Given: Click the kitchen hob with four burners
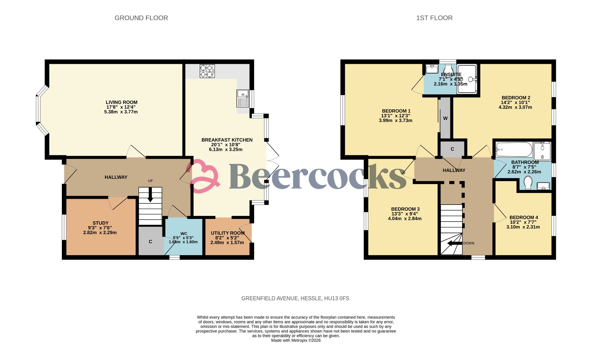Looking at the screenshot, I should (207, 71).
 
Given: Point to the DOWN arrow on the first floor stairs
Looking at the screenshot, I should (454, 243).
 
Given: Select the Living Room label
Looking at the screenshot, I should (121, 102).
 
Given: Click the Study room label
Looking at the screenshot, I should (101, 223).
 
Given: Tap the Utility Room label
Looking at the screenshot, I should (227, 233).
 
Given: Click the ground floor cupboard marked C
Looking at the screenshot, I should (150, 242).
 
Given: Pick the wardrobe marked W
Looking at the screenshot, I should (445, 118).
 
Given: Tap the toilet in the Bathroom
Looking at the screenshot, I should (528, 183).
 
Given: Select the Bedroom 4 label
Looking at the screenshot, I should (523, 217).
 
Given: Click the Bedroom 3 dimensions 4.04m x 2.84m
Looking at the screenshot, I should (404, 218).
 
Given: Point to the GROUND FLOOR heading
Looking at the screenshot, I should (141, 18).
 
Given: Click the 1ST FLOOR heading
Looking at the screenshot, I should (434, 18).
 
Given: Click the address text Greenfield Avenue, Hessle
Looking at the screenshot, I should (295, 298).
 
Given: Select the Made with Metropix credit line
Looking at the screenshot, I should (296, 340).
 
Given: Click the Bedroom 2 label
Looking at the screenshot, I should (516, 98).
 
